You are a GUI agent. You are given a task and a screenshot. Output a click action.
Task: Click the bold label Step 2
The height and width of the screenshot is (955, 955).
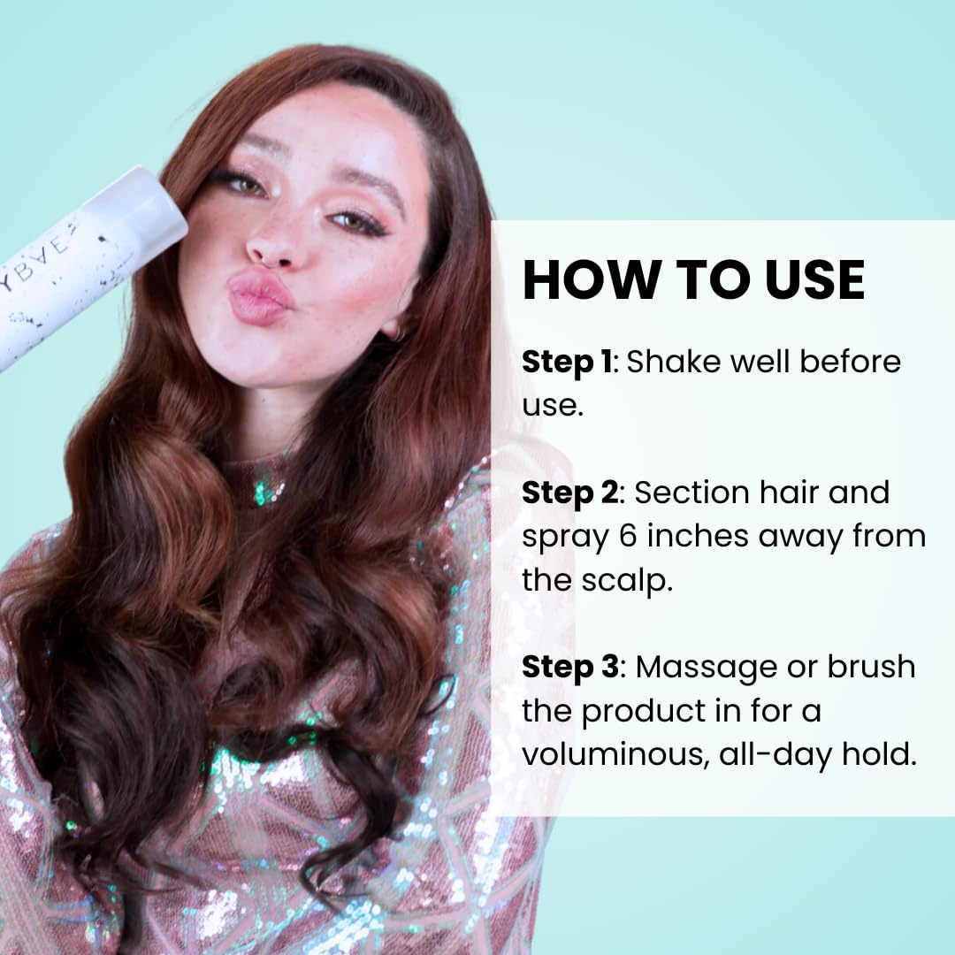tap(570, 494)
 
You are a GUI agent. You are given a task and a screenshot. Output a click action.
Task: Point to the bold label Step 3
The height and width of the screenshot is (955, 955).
tap(570, 668)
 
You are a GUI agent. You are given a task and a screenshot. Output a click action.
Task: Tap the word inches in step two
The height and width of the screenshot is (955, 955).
tap(697, 536)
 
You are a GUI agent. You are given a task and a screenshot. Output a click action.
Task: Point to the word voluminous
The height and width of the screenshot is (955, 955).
tap(615, 755)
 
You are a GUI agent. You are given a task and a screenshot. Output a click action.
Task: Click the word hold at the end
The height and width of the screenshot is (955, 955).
tap(879, 754)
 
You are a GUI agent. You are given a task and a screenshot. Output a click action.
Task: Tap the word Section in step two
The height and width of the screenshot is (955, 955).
tap(680, 493)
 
